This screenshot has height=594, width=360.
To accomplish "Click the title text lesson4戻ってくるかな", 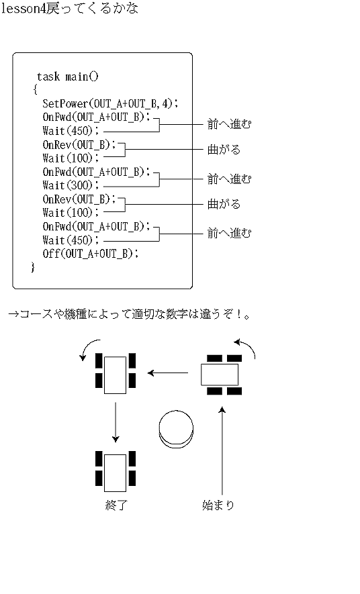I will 70,9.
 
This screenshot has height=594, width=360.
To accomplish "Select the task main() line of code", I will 67,77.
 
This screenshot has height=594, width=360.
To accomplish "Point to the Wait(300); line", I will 71,185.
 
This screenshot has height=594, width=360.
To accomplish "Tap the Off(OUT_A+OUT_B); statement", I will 91,254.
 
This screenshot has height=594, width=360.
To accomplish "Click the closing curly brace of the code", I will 32,267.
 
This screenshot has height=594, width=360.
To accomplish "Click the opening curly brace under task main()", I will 35,90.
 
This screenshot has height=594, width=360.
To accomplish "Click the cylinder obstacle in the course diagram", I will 175,430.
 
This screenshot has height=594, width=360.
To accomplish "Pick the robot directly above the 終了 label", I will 116,471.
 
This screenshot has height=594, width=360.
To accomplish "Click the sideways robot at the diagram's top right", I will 220,374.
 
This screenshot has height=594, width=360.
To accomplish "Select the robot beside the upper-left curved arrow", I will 116,374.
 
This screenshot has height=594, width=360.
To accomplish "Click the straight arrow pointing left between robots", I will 168,373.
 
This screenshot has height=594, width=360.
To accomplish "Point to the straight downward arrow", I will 116,422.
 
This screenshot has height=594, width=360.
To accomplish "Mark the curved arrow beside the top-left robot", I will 87,348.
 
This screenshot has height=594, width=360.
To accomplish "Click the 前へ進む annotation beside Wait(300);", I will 229,179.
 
